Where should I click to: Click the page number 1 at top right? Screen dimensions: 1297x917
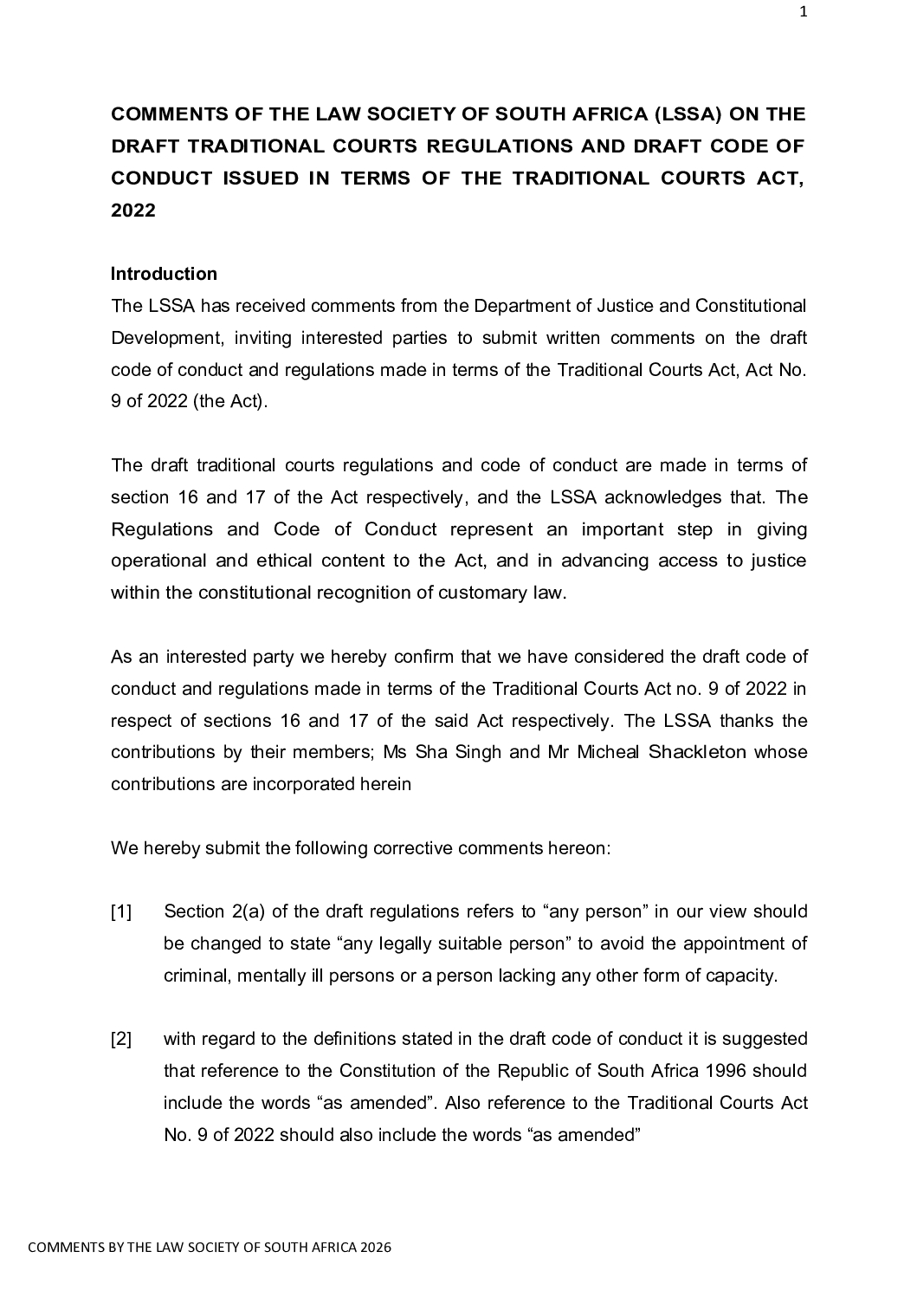(803, 12)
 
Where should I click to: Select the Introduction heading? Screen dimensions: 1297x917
(164, 275)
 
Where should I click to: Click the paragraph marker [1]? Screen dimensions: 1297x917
(121, 912)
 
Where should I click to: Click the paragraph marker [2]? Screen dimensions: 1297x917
(121, 1040)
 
